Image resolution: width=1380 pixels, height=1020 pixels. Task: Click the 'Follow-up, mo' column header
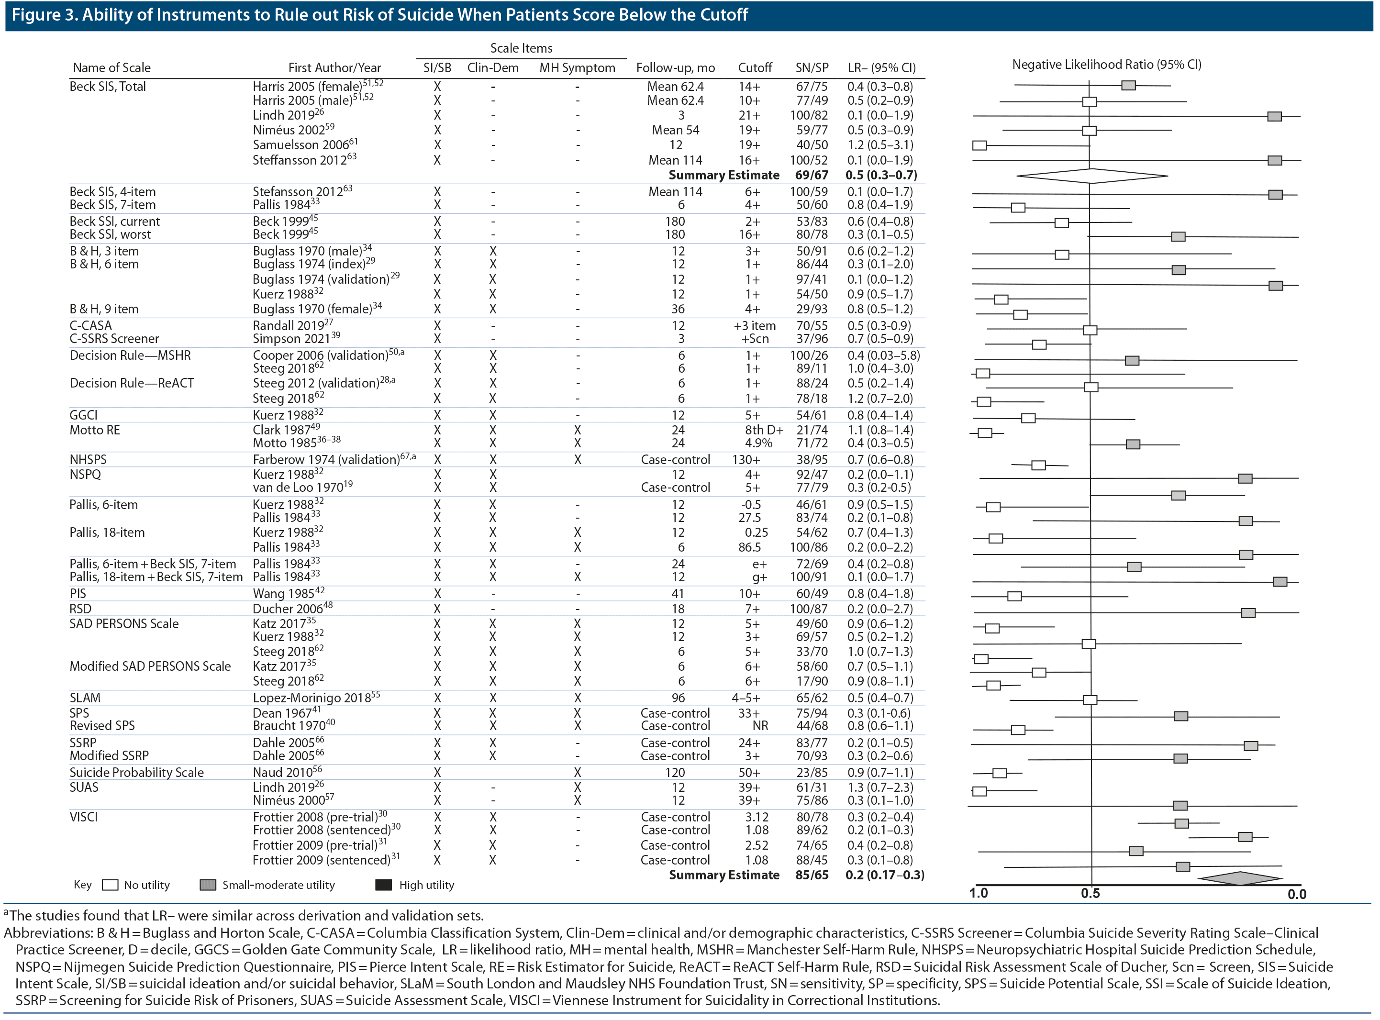[x=676, y=68]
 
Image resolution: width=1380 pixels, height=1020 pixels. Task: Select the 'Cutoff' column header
[x=755, y=68]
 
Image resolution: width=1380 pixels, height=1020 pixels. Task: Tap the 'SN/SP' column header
[x=812, y=68]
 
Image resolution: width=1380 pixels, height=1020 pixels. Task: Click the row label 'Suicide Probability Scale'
[x=136, y=772]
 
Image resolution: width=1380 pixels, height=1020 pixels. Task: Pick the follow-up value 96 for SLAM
[x=678, y=698]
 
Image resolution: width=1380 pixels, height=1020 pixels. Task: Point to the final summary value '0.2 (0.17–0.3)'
[x=884, y=875]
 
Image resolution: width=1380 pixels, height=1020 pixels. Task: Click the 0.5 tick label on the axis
[x=1090, y=893]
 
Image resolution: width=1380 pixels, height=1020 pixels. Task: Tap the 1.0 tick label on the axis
[x=978, y=893]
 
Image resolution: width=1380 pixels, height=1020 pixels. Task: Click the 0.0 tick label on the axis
[x=1297, y=894]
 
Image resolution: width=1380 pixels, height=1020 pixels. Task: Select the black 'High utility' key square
[x=383, y=885]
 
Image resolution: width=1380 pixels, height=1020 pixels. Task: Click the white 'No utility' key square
[x=110, y=885]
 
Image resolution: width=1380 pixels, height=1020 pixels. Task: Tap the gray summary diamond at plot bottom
[x=1240, y=878]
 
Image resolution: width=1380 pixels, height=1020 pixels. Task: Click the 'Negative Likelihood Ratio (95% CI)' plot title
[x=1106, y=64]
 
